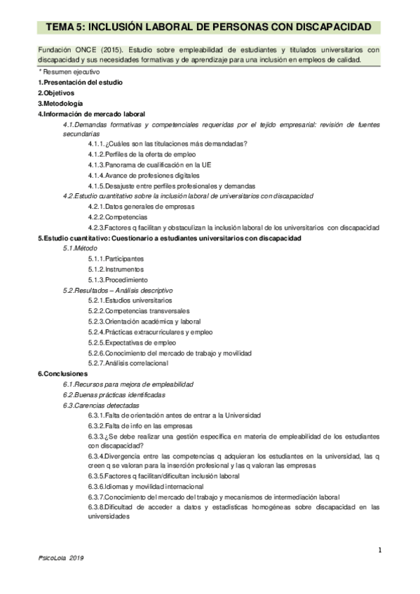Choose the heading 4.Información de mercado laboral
(91, 113)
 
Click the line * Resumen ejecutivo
(69, 72)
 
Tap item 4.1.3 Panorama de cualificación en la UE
(150, 164)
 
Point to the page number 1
(379, 550)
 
